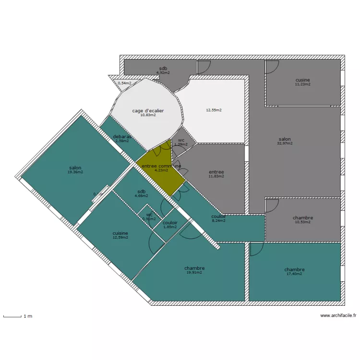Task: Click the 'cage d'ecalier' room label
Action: coord(148,111)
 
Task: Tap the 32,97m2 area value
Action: coord(285,143)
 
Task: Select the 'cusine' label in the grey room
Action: coord(302,80)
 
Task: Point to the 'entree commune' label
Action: coord(161,166)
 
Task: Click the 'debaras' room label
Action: coord(122,137)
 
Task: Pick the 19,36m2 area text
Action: coord(75,172)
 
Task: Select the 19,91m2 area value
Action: coord(194,272)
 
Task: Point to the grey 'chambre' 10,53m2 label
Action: coord(303,218)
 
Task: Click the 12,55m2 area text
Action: coord(214,110)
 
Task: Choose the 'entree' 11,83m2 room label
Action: coord(216,172)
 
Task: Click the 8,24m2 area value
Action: coord(218,221)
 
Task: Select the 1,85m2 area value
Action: coord(170,227)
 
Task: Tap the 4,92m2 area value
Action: coord(163,72)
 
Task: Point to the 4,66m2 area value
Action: coord(141,196)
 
